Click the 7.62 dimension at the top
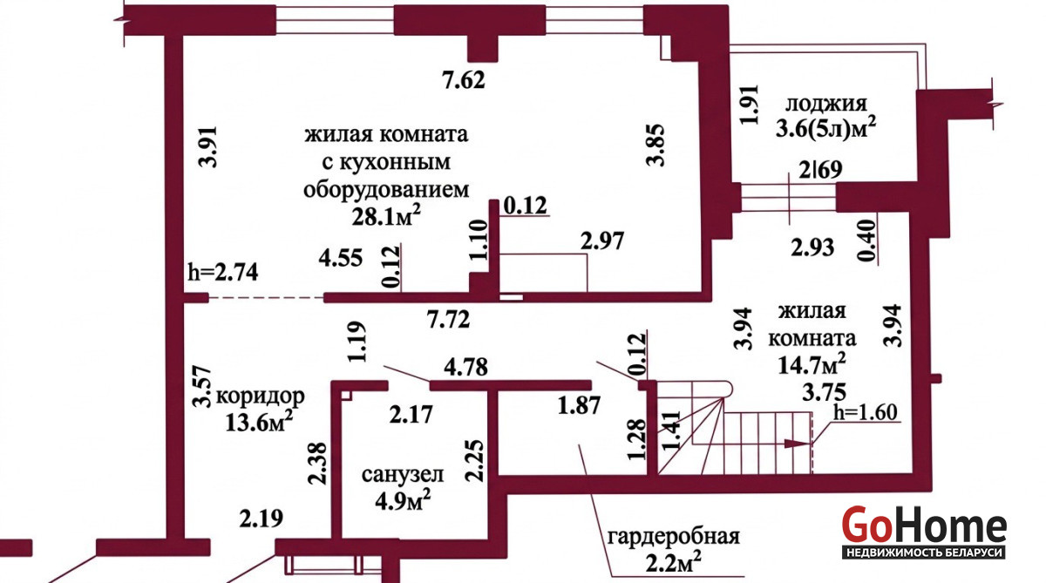coord(464,80)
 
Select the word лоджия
coord(826,104)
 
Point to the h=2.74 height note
coord(223,272)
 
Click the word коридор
coord(260,397)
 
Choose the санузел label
coord(403,475)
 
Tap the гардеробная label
coord(674,537)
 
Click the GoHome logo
coord(924,532)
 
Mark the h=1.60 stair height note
coord(866,412)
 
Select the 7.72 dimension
coord(448,320)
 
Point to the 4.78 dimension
coord(465,367)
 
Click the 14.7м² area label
coord(812,363)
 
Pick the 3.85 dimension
coord(655,145)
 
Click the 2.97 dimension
coord(602,241)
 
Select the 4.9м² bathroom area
coord(403,500)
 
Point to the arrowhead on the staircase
coord(796,444)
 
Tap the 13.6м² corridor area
coord(259,422)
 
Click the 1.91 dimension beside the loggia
coord(750,105)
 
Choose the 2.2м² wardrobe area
coord(674,563)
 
